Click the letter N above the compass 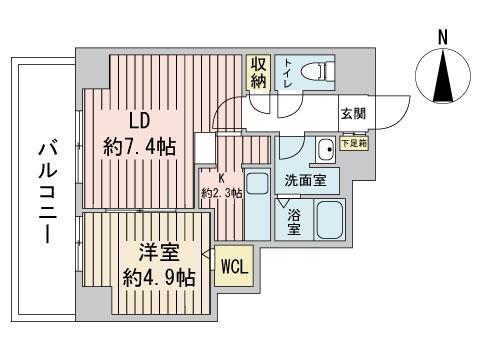[x=442, y=36]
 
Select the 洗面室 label [x=304, y=182]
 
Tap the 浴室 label [x=294, y=222]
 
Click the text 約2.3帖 [x=222, y=192]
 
